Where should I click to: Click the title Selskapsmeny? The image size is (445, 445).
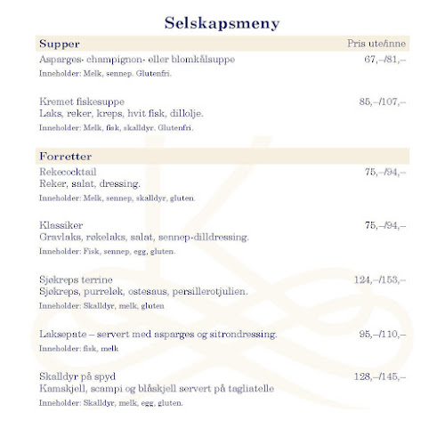pyautogui.click(x=222, y=22)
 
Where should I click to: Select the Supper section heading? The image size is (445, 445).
pyautogui.click(x=60, y=44)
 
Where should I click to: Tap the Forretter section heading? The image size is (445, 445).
pyautogui.click(x=66, y=158)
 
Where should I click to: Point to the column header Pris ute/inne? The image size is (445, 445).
pyautogui.click(x=376, y=44)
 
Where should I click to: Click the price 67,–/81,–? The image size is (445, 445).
pyautogui.click(x=384, y=60)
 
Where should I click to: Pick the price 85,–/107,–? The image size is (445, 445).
pyautogui.click(x=382, y=102)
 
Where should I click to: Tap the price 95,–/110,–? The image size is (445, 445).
pyautogui.click(x=382, y=335)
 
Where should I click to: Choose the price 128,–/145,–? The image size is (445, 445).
pyautogui.click(x=380, y=377)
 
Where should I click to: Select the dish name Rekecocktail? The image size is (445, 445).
pyautogui.click(x=68, y=172)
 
